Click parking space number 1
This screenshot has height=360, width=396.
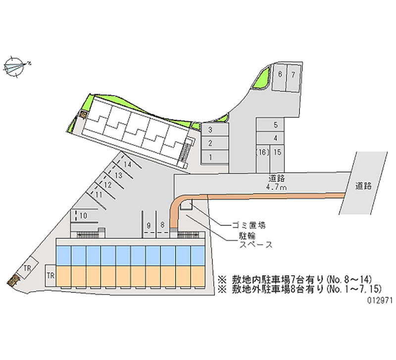[x=215, y=157]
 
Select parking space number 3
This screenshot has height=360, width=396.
[x=215, y=130]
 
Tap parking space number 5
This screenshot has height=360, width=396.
[x=270, y=125]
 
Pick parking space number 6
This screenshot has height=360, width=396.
[x=279, y=77]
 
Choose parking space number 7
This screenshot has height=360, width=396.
[x=293, y=78]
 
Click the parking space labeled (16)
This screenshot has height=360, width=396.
[x=263, y=159]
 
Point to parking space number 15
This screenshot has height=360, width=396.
[x=277, y=159]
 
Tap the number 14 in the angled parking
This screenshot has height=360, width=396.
[x=128, y=164]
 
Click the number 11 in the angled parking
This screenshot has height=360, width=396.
[x=99, y=195]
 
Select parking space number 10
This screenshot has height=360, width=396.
[x=84, y=216]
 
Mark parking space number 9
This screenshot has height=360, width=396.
[x=149, y=224]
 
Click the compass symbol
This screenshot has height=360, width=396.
[x=15, y=67]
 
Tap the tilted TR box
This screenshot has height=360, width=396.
[x=27, y=268]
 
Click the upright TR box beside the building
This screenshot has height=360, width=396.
[x=50, y=275]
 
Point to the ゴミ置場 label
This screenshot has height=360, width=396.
[x=249, y=225]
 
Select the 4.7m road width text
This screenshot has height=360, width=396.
[x=277, y=187]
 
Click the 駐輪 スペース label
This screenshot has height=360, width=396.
[x=256, y=240]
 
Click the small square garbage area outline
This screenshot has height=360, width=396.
[x=186, y=204]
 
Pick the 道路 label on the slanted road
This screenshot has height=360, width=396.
[x=363, y=186]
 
